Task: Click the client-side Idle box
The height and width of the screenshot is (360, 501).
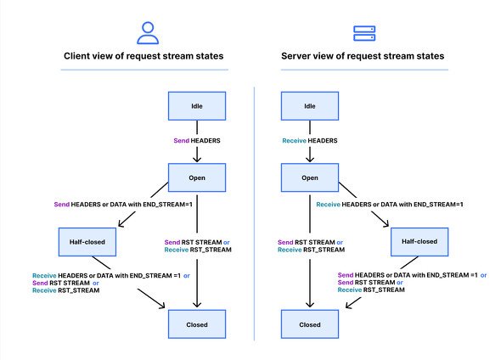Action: coord(197,106)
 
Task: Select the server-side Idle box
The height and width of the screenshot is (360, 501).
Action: coord(310,106)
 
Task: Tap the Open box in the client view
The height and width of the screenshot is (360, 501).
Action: coord(197,177)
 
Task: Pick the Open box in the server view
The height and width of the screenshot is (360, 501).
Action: coord(310,177)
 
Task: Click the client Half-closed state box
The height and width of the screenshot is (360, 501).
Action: coord(87,242)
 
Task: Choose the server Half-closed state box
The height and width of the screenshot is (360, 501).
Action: coord(419,242)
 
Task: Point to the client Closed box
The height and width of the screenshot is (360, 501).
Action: coord(197,324)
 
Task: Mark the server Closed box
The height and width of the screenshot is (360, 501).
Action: coord(310,324)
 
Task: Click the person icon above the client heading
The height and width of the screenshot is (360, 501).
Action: coord(148,33)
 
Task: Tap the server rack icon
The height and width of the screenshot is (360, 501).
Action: coord(364,34)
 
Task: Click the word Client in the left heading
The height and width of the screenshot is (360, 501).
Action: coord(76,56)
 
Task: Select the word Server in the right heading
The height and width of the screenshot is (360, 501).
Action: coord(295,56)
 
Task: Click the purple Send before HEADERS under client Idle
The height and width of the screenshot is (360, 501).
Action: coord(181,141)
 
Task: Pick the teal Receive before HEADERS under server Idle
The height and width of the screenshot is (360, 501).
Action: coord(294,141)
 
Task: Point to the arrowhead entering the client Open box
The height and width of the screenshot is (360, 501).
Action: coord(197,159)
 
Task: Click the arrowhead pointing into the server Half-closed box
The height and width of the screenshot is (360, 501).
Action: coord(386,223)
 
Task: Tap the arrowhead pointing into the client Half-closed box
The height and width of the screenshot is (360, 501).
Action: coord(121,223)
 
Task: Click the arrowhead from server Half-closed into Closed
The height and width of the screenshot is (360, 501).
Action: coord(349,305)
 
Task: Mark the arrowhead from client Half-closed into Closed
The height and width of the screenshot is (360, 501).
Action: coord(161,305)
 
